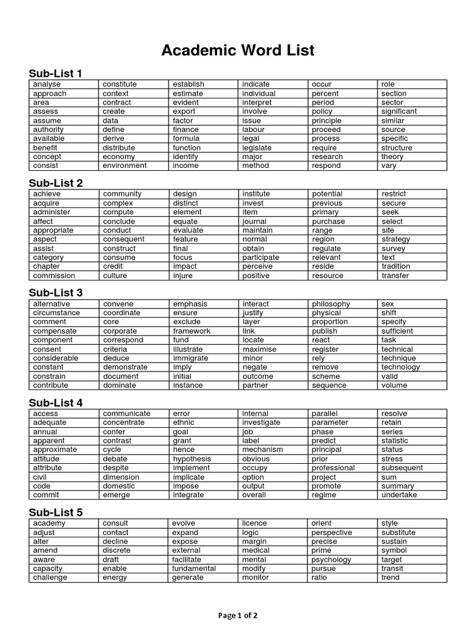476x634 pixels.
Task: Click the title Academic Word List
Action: [x=238, y=50]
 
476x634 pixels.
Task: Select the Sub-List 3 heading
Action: [x=56, y=292]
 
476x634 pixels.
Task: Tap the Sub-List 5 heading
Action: [x=56, y=512]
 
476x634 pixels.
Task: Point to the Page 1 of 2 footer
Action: [x=238, y=615]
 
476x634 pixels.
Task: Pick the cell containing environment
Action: [x=125, y=166]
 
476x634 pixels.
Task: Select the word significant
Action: [x=399, y=111]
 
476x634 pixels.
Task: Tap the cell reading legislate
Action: [x=257, y=148]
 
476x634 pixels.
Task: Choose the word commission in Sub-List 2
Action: [x=54, y=276]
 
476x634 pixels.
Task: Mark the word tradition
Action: [x=396, y=266]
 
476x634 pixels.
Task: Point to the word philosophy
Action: [x=331, y=304]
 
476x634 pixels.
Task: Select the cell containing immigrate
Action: [x=192, y=358]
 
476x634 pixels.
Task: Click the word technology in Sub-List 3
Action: [x=400, y=367]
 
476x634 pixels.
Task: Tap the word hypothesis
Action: [x=192, y=459]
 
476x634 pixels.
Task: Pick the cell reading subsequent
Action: [x=402, y=468]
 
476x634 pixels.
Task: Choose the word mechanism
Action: [x=262, y=449]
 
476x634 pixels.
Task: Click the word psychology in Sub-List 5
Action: [x=331, y=560]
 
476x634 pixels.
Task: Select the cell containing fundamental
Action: [x=194, y=568]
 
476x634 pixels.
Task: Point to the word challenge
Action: [x=50, y=578]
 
